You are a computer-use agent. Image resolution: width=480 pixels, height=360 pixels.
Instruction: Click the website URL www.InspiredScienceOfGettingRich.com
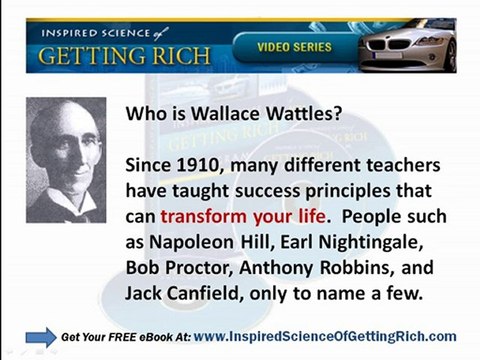coord(326,336)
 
